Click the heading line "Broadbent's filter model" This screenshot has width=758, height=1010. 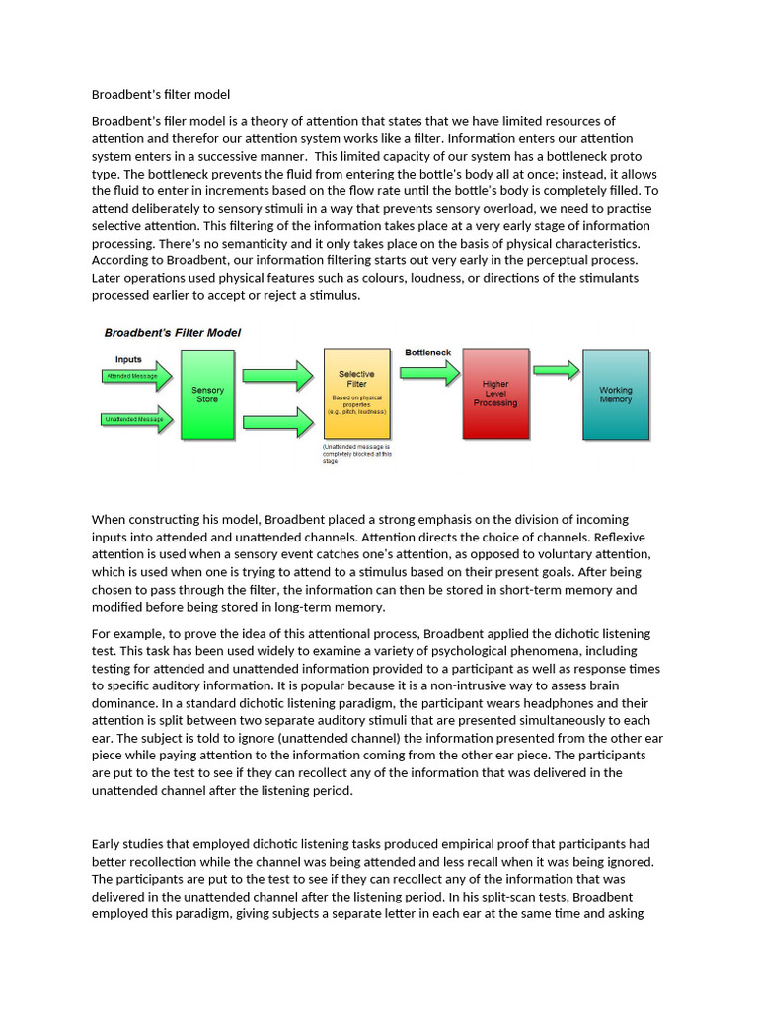pos(161,95)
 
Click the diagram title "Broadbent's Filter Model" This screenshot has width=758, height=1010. pos(173,333)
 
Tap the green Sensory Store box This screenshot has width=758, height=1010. pos(207,395)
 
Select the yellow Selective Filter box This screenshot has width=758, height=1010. pos(356,393)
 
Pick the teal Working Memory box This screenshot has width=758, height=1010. pos(615,394)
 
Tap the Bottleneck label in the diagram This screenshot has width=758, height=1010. pos(428,353)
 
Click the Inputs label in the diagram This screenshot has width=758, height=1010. pos(128,359)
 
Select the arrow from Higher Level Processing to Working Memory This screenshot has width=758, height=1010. pos(556,370)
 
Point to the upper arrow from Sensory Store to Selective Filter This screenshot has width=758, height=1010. pos(275,375)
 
